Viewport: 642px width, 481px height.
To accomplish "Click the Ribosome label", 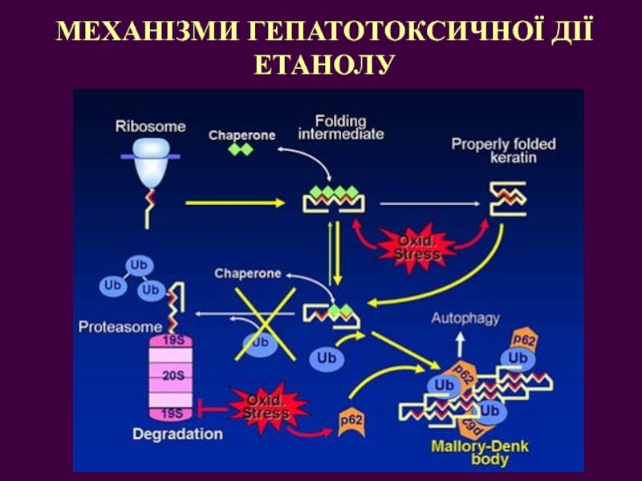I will coord(150,126).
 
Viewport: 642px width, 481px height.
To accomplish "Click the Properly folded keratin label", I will coord(503,151).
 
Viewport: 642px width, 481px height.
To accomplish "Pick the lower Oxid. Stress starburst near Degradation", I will coord(266,407).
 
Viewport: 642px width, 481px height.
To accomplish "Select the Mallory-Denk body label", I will coord(480,453).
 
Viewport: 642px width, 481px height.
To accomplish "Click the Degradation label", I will coord(177,434).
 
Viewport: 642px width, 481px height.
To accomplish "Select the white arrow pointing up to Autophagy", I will coord(462,343).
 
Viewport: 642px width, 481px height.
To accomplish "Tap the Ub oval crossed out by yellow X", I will coord(259,344).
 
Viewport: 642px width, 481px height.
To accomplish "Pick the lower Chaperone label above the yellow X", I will coord(247,273).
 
